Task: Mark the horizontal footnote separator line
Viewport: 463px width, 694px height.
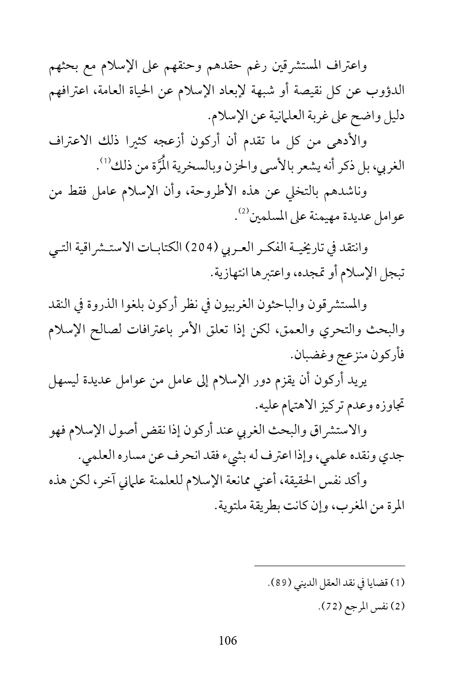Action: click(336, 566)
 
